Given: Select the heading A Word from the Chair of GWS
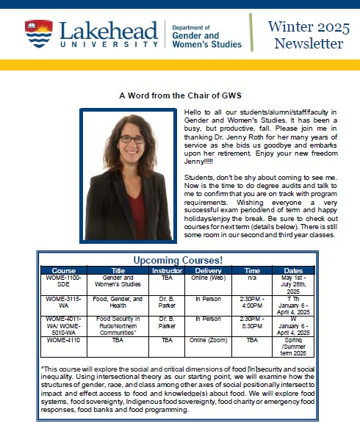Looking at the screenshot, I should (x=179, y=95).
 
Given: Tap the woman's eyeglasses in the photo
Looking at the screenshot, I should (x=132, y=139).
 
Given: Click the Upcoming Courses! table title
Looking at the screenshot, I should (x=179, y=260).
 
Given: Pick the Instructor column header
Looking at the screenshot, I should (x=167, y=270).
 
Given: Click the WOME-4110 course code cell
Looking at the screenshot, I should (x=65, y=340).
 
